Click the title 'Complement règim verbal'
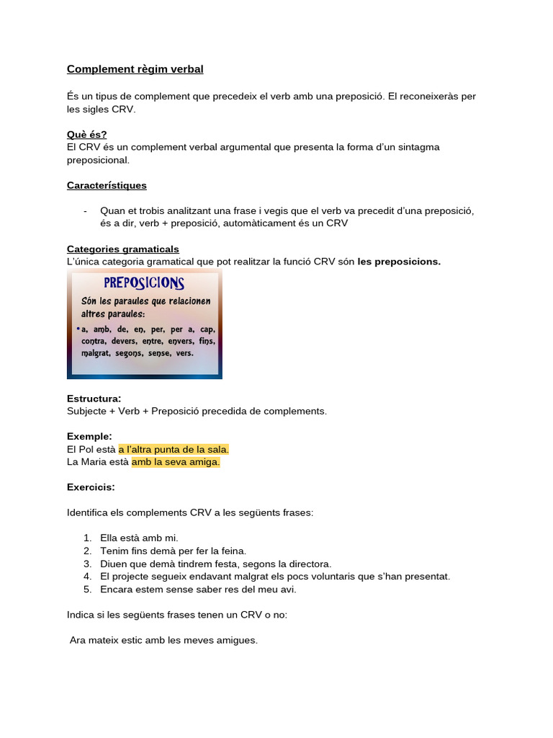pos(135,69)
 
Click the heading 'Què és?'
pos(86,135)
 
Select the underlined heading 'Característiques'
pos(107,185)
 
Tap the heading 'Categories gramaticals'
pos(122,249)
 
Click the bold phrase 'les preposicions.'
pos(399,262)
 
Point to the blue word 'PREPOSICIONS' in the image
pos(144,283)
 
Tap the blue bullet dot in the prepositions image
pos(78,329)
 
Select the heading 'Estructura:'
pos(94,399)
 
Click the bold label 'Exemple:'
pos(89,436)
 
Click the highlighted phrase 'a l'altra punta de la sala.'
pos(174,449)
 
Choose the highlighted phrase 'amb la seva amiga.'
pos(176,462)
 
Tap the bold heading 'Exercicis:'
pos(91,487)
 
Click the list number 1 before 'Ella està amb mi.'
pos(87,538)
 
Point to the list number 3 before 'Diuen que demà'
pos(87,564)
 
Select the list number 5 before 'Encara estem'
pos(87,589)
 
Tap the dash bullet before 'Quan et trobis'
pos(86,211)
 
